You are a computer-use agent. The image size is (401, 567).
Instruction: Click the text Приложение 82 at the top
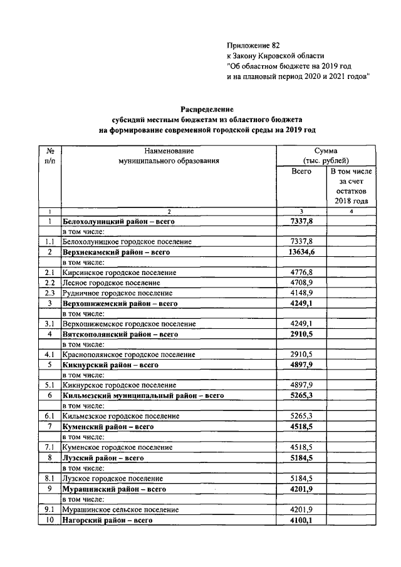(x=253, y=45)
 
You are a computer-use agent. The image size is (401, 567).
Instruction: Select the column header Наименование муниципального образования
(x=169, y=156)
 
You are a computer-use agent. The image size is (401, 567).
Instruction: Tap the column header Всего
(x=301, y=171)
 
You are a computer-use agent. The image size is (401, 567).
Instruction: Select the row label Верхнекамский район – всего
(x=117, y=252)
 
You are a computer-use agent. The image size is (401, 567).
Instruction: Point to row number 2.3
(x=50, y=293)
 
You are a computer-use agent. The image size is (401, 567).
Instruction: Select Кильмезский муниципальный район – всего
(x=143, y=395)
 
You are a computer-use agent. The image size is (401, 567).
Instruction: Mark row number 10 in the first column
(x=50, y=519)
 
